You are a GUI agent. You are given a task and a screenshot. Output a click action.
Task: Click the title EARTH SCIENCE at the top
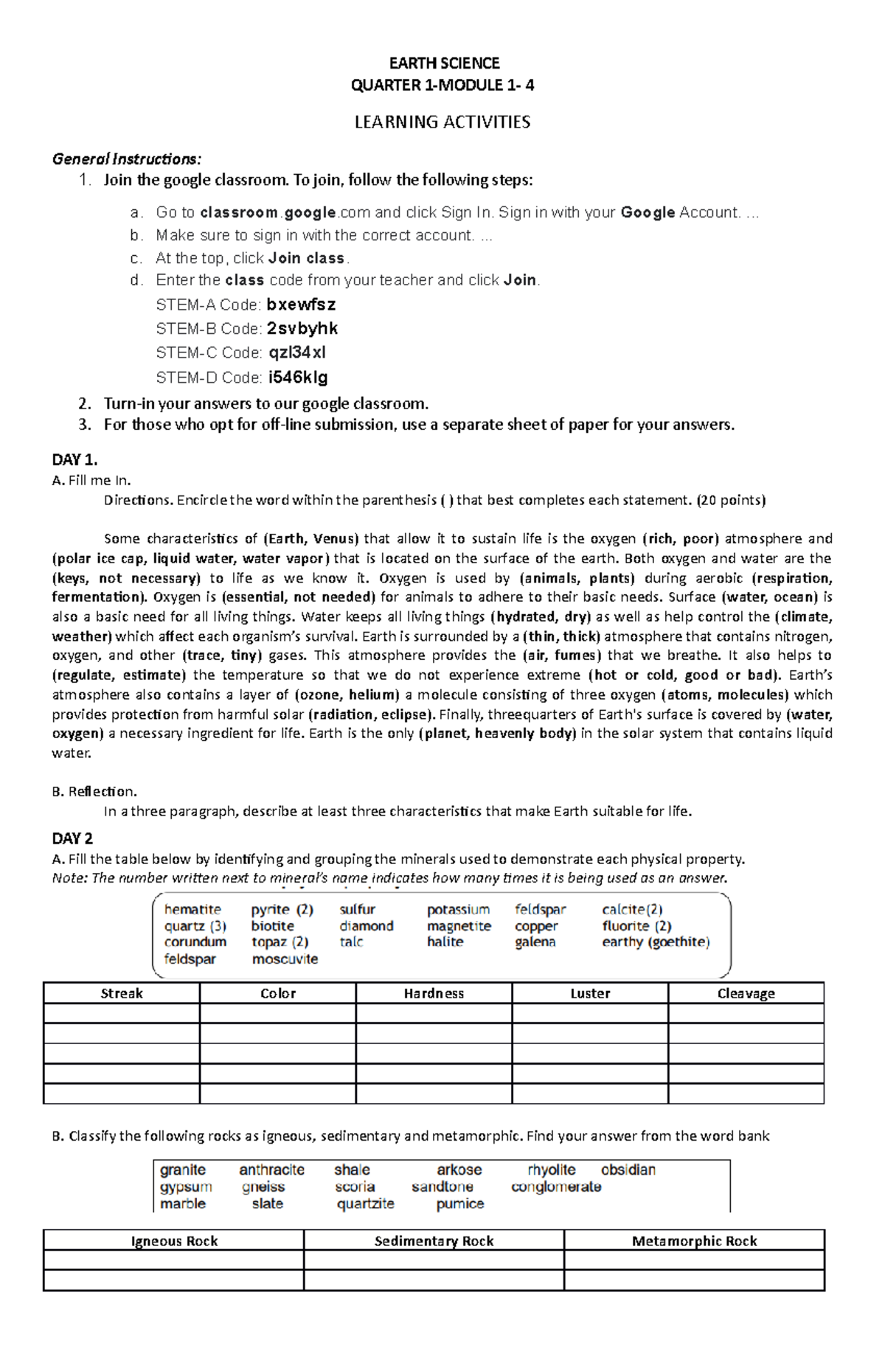click(x=444, y=63)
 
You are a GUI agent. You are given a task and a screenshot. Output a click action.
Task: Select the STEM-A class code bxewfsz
click(x=301, y=305)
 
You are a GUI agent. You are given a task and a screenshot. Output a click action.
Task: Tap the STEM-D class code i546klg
click(x=298, y=378)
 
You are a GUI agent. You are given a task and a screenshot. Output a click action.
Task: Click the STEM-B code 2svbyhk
click(x=302, y=329)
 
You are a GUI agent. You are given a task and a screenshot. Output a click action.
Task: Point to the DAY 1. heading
click(x=74, y=460)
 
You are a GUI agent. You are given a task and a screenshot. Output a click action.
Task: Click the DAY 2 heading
click(x=72, y=838)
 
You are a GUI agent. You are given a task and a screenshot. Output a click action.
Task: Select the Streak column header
click(x=122, y=993)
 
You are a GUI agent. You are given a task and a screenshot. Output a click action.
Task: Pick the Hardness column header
click(x=434, y=993)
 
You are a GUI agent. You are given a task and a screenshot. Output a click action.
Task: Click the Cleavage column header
click(x=746, y=993)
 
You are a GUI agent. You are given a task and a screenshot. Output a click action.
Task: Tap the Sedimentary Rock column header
click(x=434, y=1241)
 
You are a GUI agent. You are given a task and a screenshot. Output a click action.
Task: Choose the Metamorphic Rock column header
click(x=694, y=1241)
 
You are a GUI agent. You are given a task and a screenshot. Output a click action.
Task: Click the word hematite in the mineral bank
click(x=192, y=910)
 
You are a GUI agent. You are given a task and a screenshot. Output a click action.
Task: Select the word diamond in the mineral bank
click(x=367, y=926)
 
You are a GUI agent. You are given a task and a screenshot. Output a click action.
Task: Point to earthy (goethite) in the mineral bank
click(x=656, y=942)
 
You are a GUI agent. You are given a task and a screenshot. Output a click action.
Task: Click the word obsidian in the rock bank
click(x=628, y=1170)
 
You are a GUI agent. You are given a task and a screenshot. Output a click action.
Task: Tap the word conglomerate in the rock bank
click(x=556, y=1187)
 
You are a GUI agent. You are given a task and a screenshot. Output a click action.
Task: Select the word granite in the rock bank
click(x=183, y=1170)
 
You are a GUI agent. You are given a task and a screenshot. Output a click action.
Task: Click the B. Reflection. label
click(x=94, y=792)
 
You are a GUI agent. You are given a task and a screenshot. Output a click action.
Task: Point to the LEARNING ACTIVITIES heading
click(x=442, y=122)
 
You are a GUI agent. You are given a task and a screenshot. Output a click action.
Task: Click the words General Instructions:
click(x=126, y=159)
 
